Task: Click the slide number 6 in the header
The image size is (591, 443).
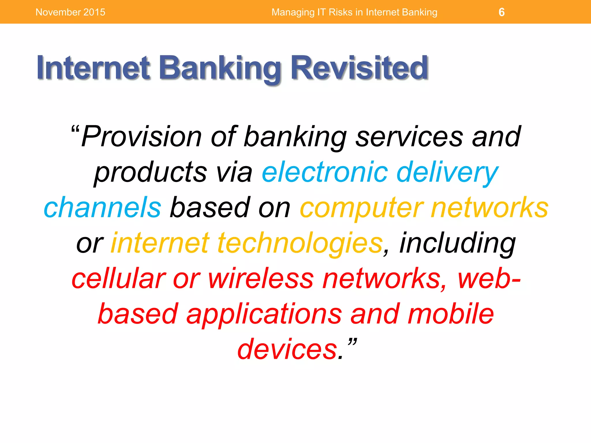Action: [x=502, y=12]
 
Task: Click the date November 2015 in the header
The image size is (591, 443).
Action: [x=70, y=12]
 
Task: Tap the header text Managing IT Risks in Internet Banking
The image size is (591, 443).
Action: [x=354, y=12]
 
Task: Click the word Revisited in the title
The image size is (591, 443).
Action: [x=359, y=68]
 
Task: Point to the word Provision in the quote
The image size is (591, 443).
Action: [x=141, y=136]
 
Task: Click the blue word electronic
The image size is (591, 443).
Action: [x=325, y=172]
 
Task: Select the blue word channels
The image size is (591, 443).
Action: [x=102, y=207]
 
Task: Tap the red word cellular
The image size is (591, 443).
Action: [x=118, y=278]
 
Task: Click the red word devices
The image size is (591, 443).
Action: [x=287, y=349]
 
